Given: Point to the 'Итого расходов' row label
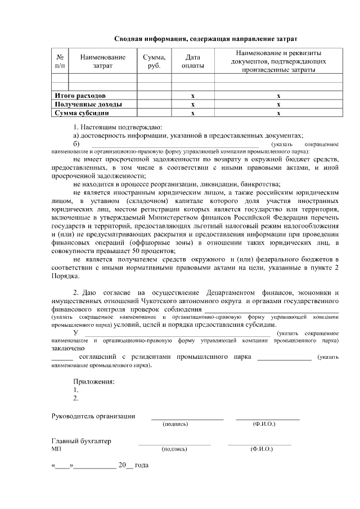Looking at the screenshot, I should pos(79,96).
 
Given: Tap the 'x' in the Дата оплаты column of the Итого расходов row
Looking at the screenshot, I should pos(193,96).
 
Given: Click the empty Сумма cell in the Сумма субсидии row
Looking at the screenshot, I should pos(154,113).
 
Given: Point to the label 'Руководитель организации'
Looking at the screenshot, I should pos(93,416).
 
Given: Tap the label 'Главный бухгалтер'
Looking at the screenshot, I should pos(82,442).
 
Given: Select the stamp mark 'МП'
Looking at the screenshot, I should pos(56,449).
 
